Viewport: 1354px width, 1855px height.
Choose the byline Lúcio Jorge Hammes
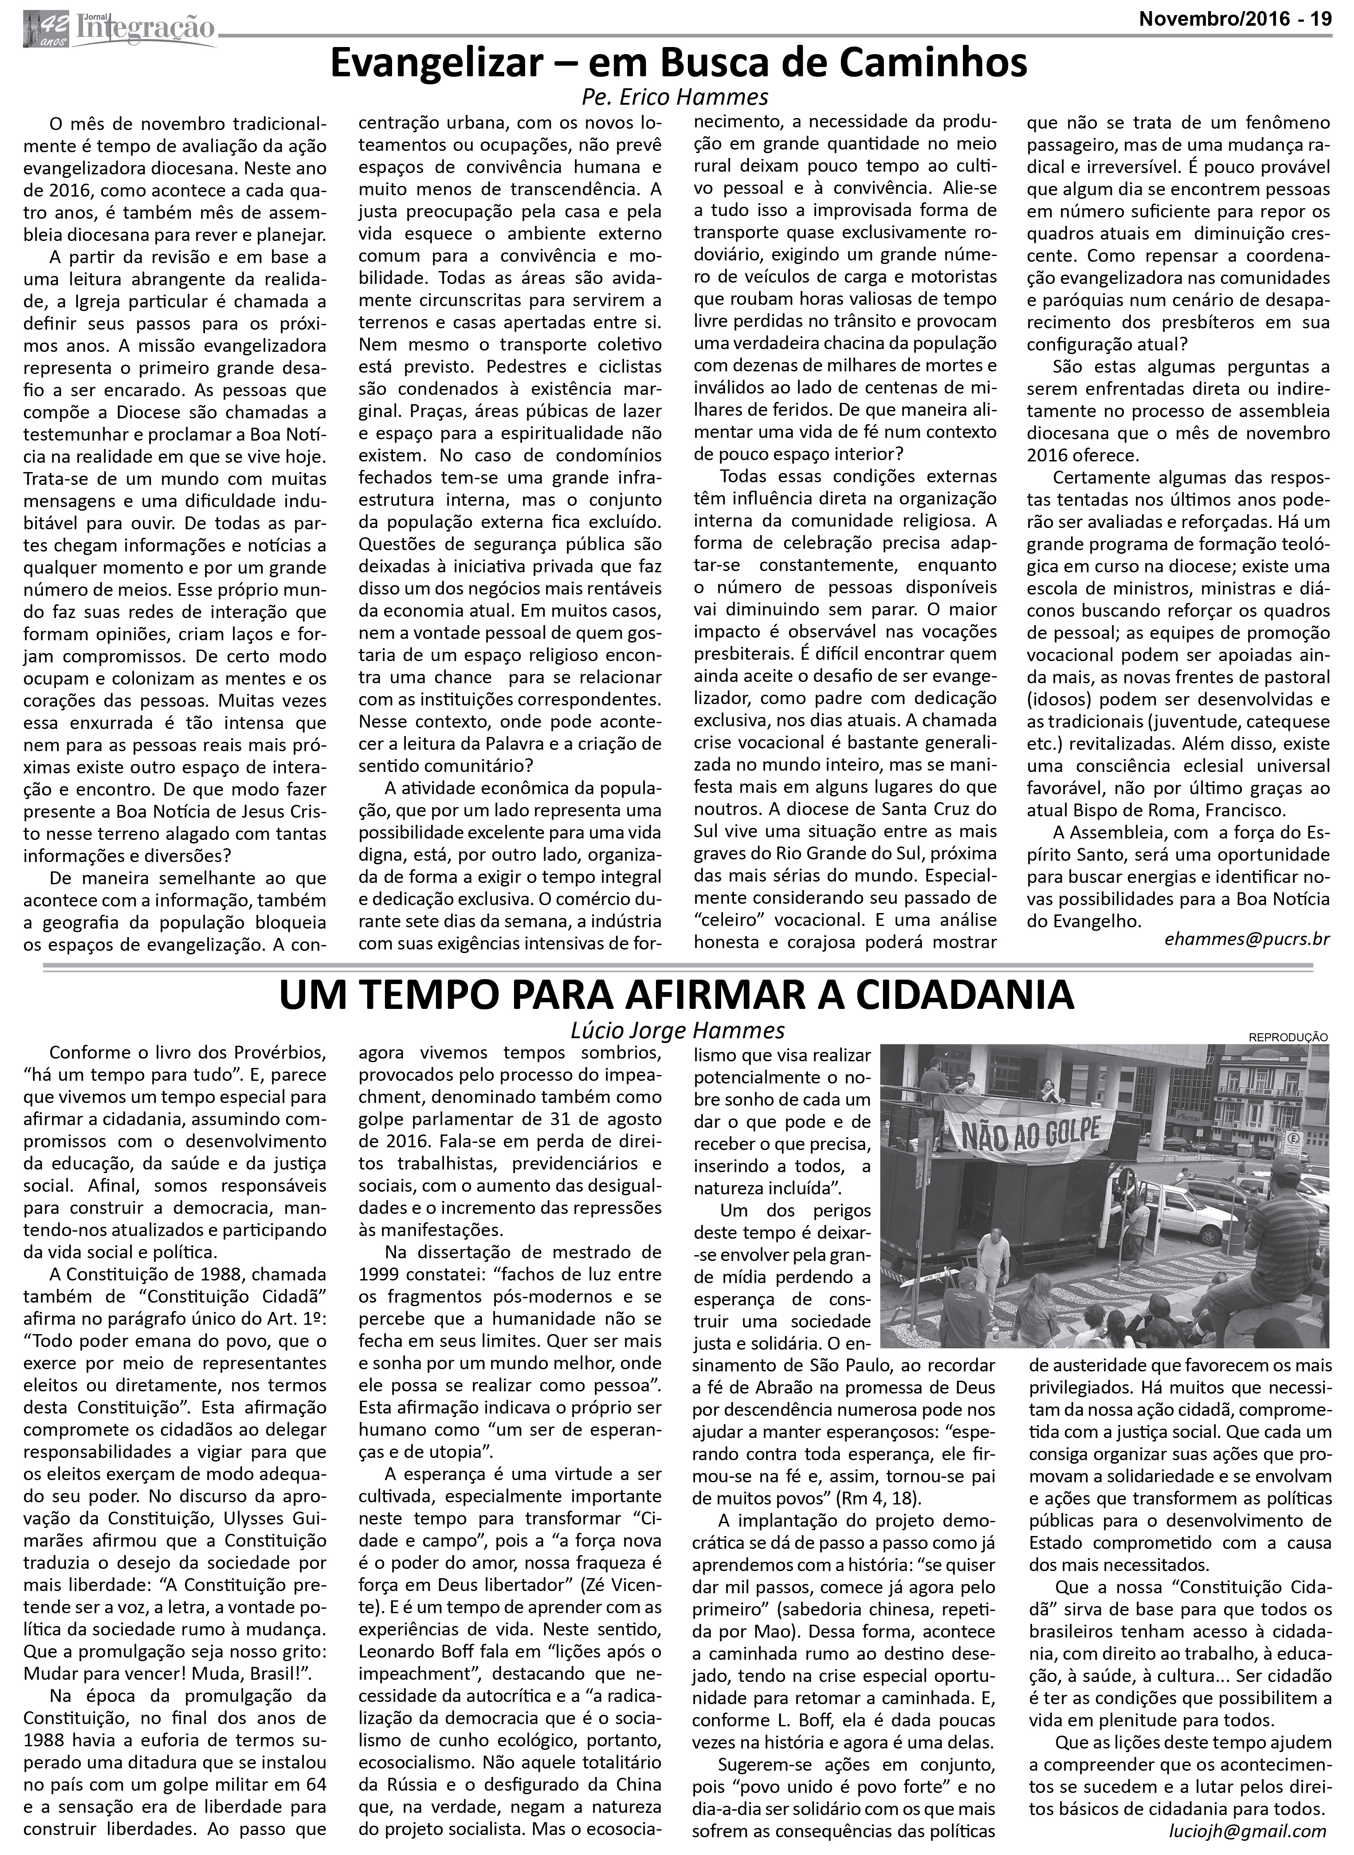(677, 1030)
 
